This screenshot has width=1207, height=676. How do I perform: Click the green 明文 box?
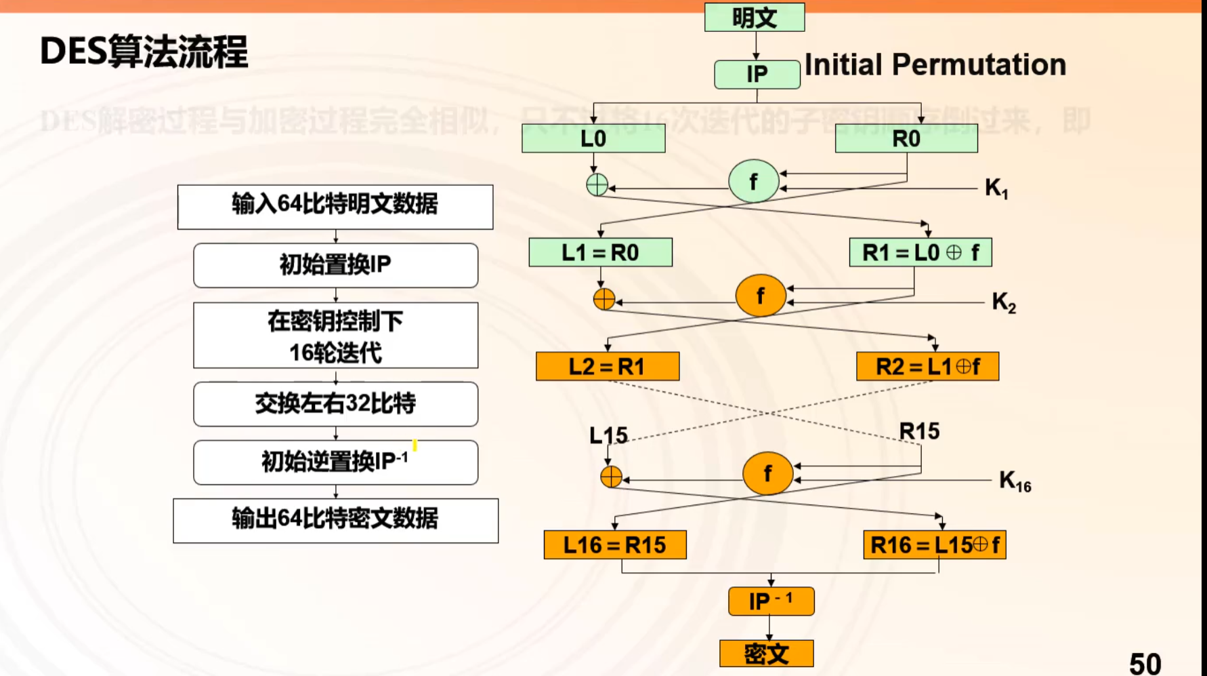(x=754, y=18)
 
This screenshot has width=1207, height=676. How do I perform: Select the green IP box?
(x=757, y=74)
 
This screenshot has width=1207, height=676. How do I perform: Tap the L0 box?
(x=593, y=138)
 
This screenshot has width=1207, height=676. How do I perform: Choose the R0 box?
(x=906, y=138)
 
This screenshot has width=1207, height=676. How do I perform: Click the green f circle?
(x=753, y=181)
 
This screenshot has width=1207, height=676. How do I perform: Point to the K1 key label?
(x=996, y=188)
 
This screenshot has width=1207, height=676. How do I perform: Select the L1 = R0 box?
(x=600, y=252)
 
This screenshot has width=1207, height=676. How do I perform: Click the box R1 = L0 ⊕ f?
(x=920, y=252)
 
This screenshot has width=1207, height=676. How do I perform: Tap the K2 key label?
(x=1003, y=302)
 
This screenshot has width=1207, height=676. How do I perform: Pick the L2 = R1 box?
(x=607, y=366)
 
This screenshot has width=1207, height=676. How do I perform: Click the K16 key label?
(x=1014, y=481)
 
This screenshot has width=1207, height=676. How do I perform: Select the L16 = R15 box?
(x=614, y=544)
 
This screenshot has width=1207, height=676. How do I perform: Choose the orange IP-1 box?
(x=771, y=601)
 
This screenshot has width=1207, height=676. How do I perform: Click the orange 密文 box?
(x=766, y=654)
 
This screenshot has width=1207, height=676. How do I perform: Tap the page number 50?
(x=1145, y=663)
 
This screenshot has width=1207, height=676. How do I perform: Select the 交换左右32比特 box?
(x=335, y=404)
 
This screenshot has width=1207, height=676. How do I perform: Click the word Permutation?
(x=978, y=65)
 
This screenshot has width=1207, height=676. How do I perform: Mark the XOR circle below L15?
(x=611, y=477)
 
